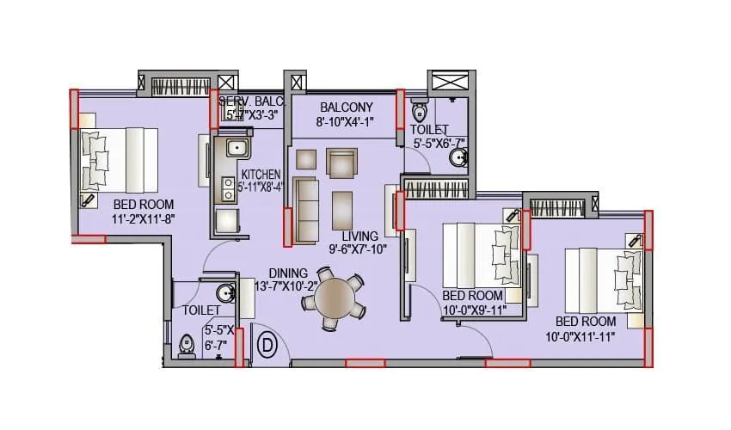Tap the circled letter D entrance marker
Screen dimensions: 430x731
[267, 346]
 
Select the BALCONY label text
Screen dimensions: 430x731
[346, 107]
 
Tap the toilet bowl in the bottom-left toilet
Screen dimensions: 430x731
[187, 346]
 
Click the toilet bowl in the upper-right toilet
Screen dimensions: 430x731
[419, 112]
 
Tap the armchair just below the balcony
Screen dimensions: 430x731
[341, 162]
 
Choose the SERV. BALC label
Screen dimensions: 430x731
[250, 101]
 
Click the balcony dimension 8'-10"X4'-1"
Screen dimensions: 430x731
[346, 122]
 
